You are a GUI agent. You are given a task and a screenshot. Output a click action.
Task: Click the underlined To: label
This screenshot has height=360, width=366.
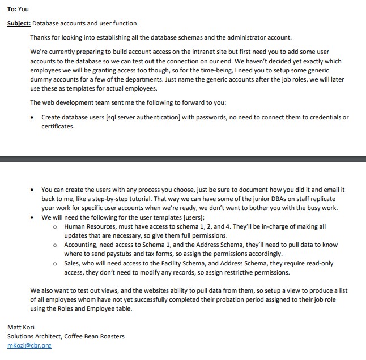[12, 9]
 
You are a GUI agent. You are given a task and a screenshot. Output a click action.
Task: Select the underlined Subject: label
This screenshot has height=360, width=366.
[19, 23]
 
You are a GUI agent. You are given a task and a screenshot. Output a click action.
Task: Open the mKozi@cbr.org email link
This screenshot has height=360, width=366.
[29, 345]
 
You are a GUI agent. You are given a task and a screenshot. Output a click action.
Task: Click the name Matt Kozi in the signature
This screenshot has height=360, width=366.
[21, 327]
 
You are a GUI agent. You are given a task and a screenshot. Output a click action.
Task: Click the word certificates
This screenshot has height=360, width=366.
[58, 126]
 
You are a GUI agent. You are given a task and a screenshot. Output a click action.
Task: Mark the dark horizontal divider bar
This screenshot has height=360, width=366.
[183, 156]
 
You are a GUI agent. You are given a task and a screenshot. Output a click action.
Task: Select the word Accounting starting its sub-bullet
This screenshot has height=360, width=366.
[80, 245]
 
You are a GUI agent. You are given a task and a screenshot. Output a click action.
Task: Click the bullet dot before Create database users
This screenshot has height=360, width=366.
[33, 118]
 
